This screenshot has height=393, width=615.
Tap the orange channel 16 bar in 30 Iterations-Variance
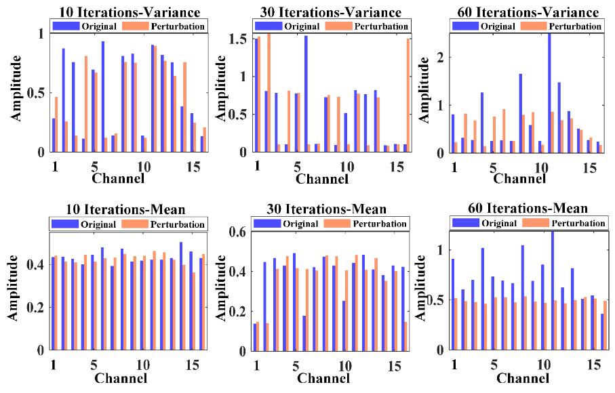408,96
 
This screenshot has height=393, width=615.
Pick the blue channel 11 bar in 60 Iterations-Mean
552,291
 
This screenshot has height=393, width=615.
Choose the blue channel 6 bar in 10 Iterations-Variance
102,97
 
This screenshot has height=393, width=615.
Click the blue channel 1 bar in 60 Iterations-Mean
452,304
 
